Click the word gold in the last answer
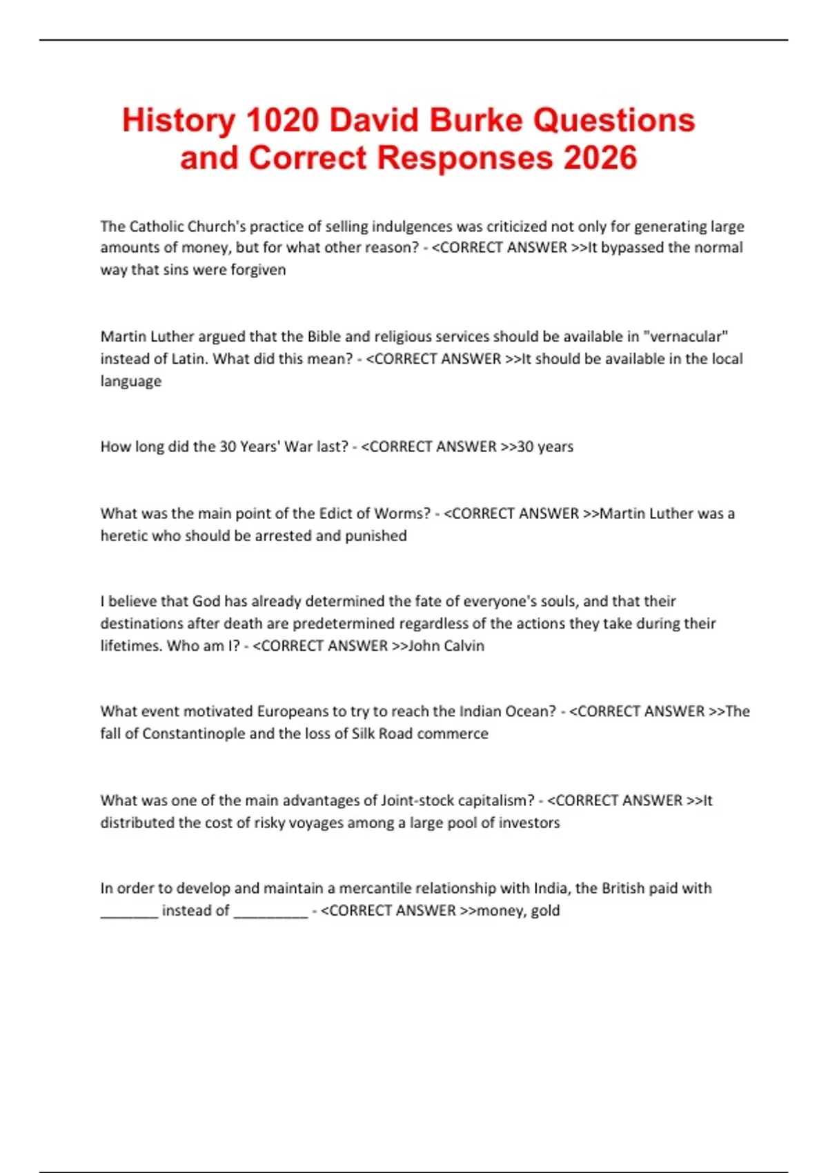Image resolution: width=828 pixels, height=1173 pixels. pos(545,911)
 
